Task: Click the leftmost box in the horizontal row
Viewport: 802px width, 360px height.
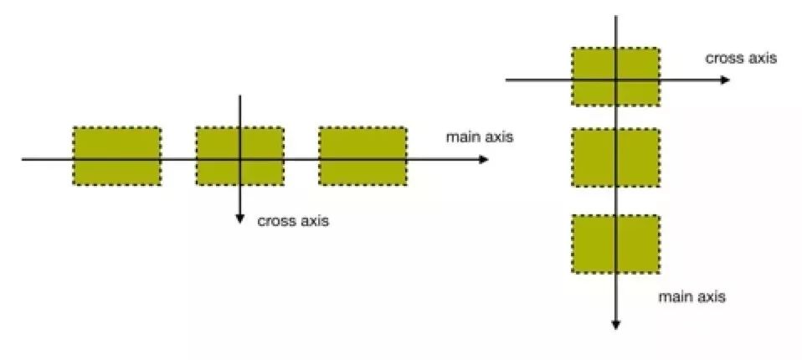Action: coord(116,156)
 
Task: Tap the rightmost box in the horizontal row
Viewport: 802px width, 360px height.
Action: coord(362,156)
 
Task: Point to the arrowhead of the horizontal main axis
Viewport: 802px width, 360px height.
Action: coord(484,159)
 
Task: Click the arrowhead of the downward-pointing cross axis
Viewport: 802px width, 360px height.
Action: coord(240,219)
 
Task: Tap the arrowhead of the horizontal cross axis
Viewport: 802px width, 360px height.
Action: coord(726,80)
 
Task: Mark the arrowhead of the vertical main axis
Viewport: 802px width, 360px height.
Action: coord(615,325)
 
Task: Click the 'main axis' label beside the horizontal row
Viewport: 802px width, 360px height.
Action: coord(479,136)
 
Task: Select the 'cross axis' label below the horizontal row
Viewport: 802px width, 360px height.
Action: coord(293,222)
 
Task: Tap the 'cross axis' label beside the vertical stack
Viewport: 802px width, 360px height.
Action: coord(741,59)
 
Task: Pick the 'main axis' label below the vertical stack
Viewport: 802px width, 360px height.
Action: coord(692,297)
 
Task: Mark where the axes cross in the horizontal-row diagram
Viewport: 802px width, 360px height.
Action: coord(240,159)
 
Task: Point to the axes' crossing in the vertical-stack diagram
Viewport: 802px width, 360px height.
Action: coord(615,80)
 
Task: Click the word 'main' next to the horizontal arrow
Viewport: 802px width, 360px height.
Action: coord(460,136)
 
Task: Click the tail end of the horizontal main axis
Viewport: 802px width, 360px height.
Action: coord(23,159)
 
